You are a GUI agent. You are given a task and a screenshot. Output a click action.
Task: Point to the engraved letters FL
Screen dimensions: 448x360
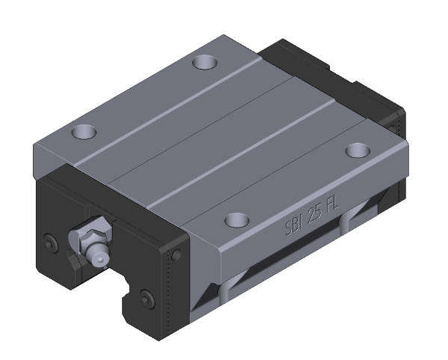333,204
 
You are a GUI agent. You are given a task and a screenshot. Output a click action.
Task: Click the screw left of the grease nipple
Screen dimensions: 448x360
51,243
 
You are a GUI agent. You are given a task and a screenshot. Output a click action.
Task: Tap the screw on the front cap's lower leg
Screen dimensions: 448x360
147,299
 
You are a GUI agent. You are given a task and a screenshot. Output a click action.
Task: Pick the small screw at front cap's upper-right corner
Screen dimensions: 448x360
176,253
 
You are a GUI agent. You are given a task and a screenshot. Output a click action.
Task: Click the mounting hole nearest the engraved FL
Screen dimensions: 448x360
358,150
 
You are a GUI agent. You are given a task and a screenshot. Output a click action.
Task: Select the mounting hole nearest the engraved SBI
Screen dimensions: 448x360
237,219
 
